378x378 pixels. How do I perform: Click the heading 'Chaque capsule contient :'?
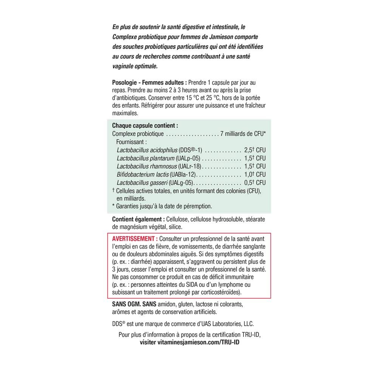(x=145, y=125)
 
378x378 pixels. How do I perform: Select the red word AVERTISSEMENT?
(x=135, y=239)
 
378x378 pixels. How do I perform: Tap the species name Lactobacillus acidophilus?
(x=146, y=150)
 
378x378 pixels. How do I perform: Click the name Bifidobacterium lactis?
(x=143, y=174)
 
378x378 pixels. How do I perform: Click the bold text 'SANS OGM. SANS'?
(x=135, y=304)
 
